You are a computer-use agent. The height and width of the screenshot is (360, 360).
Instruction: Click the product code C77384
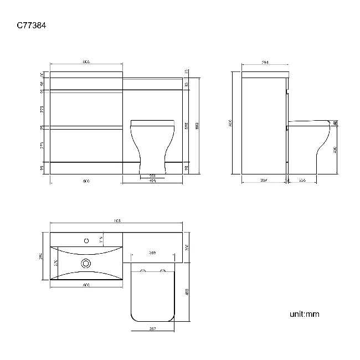34,25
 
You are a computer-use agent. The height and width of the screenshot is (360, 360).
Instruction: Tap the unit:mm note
304,314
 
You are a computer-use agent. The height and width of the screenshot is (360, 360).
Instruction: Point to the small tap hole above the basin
86,241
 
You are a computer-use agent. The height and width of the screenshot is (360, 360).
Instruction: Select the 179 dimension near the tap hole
101,239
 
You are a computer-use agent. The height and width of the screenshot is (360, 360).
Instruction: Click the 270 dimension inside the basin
55,263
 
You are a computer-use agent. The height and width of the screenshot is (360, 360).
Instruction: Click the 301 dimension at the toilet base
152,176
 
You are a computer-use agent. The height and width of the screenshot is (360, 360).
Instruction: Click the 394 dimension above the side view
264,63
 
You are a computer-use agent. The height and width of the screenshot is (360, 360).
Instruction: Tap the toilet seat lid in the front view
152,122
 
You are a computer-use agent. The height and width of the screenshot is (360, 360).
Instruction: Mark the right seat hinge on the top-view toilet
162,271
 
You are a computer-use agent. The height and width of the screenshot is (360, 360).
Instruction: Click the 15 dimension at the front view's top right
187,71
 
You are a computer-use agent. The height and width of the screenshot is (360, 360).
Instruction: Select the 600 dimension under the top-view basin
86,285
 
